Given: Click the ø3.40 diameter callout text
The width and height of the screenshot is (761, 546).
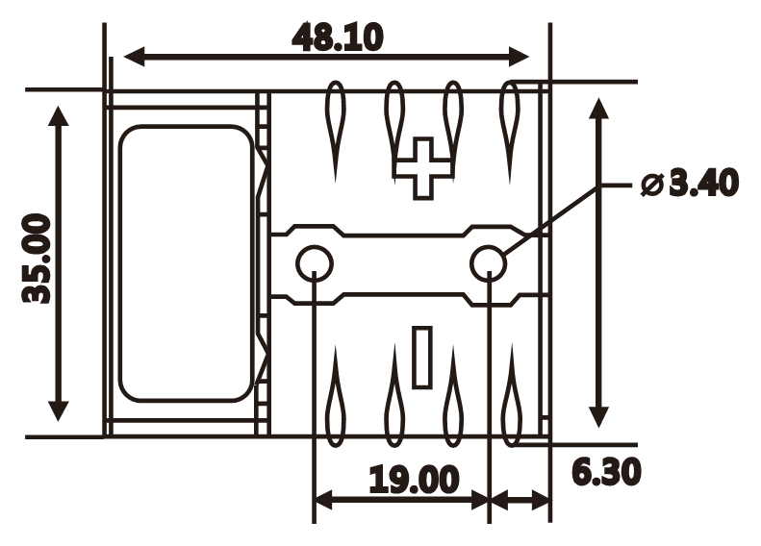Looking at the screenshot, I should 690,183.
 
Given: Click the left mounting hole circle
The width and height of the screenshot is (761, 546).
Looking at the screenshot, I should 314,262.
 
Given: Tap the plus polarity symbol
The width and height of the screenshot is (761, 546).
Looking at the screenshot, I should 421,167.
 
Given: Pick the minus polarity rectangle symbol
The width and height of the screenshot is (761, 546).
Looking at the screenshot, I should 421,358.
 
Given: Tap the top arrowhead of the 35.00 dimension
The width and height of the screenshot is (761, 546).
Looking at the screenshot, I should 60,117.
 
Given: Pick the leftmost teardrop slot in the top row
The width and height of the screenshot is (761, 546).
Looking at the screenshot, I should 335,125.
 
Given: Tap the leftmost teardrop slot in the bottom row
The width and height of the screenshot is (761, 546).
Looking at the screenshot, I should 335,399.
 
